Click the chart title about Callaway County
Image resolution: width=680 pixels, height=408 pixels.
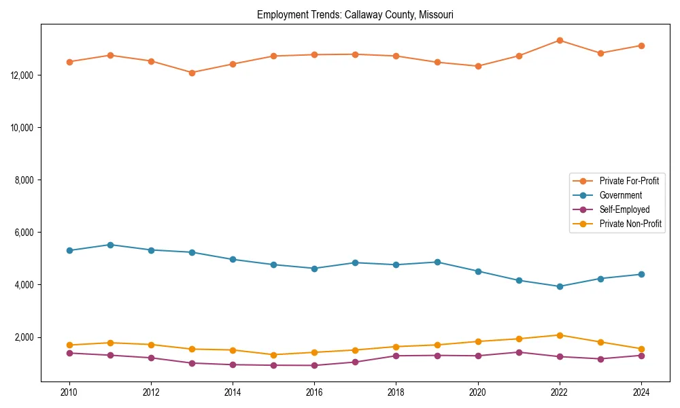coord(355,15)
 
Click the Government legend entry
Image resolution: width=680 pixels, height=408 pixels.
coord(620,195)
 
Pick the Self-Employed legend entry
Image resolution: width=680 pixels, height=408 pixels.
coord(624,209)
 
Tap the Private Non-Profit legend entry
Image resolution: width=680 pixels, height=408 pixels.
coord(630,224)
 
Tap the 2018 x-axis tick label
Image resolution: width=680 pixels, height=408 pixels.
coord(396,392)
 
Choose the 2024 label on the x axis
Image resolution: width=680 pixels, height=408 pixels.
coord(641,392)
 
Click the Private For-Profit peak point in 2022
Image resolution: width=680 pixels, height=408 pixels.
coord(560,40)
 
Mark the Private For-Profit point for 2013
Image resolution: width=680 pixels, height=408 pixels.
coord(192,73)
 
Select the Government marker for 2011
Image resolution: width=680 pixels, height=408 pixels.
coord(110,245)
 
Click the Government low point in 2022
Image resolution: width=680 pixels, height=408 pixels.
coord(560,286)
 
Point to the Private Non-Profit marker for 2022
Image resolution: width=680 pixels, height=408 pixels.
coord(560,335)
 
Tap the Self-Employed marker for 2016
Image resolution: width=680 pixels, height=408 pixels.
coord(314,365)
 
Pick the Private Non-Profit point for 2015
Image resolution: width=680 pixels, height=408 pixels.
coord(273,355)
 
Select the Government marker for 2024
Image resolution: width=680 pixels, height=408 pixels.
coord(641,274)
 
